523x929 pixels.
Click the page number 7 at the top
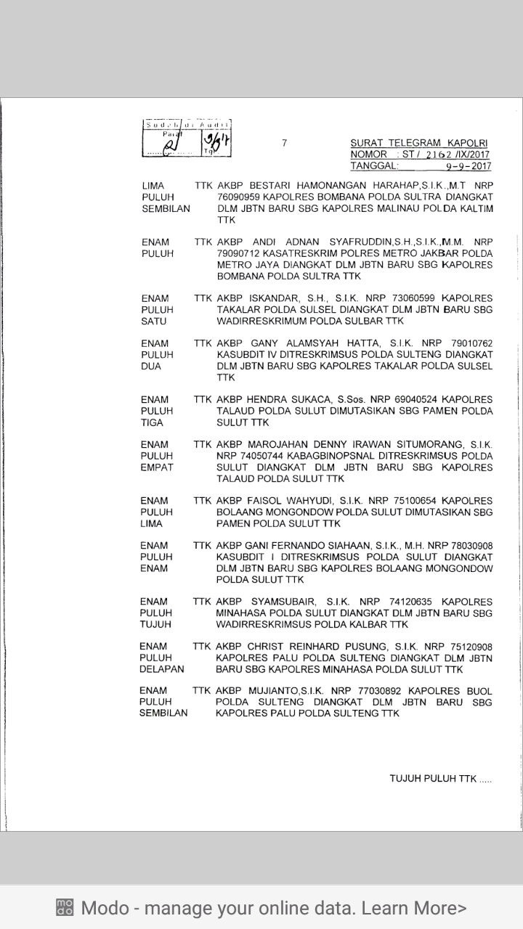tap(285, 143)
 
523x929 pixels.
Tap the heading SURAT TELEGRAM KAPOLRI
tap(419, 143)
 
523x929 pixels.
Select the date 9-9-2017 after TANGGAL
tap(469, 166)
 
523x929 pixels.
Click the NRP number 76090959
tap(239, 197)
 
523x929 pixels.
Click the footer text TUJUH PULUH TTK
tap(433, 779)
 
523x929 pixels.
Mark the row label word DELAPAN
tap(161, 669)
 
